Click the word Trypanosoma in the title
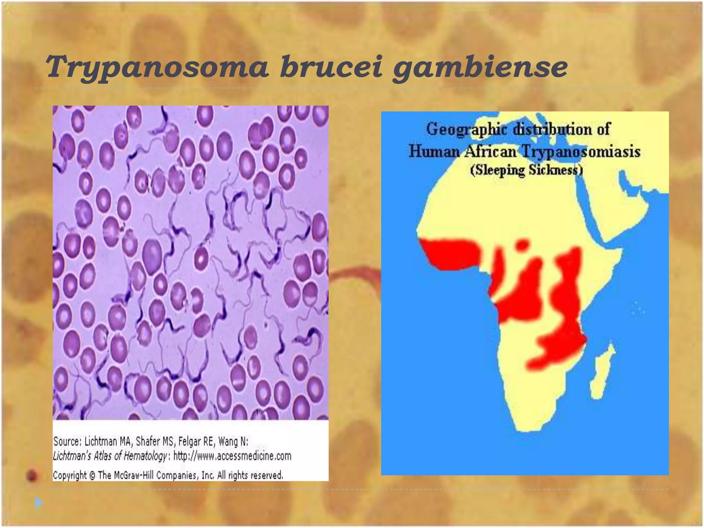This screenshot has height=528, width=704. [157, 67]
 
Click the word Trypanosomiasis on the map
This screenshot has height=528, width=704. [581, 152]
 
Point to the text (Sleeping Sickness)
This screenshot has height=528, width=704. [526, 170]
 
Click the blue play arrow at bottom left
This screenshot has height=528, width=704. [39, 503]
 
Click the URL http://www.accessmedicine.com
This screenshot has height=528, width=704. [232, 456]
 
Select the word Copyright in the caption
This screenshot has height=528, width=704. [70, 475]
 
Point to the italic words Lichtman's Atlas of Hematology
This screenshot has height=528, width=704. [110, 456]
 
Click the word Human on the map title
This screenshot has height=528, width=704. [434, 152]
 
